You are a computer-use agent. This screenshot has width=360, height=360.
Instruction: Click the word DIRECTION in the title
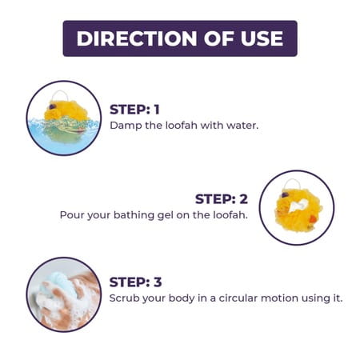click(137, 38)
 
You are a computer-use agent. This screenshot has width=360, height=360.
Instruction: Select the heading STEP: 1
click(134, 110)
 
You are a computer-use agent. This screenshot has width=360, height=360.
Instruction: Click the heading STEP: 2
click(222, 199)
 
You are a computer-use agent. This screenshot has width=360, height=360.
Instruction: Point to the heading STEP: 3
click(135, 282)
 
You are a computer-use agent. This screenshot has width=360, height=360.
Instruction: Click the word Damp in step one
click(126, 126)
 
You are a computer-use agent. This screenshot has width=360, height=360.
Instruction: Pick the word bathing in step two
click(134, 215)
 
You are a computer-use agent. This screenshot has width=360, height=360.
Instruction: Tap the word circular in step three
click(238, 298)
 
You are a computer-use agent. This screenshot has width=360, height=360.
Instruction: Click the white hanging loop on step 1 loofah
click(59, 91)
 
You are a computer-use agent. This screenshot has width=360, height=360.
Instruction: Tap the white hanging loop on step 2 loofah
click(292, 180)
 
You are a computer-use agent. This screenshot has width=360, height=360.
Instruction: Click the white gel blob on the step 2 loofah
click(298, 205)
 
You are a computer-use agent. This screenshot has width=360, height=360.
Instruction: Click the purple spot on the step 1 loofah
click(53, 106)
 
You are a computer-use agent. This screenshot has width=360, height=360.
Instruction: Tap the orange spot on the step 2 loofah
click(313, 219)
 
